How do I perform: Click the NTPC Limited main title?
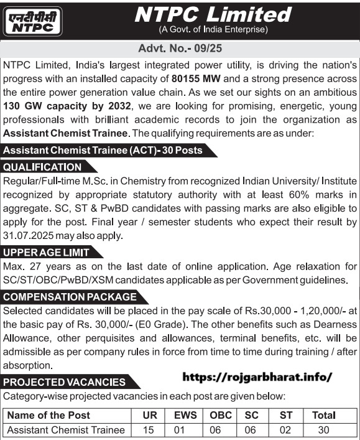[213, 14]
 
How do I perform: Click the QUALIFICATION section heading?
[42, 167]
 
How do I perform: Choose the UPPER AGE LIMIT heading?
[47, 252]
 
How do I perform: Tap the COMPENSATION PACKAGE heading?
[70, 297]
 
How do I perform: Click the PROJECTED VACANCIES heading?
[65, 382]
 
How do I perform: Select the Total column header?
[323, 415]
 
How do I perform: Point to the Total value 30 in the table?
[323, 430]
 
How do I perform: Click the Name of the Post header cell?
[49, 415]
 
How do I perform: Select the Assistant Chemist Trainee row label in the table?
[65, 430]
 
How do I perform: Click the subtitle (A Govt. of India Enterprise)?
[213, 29]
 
